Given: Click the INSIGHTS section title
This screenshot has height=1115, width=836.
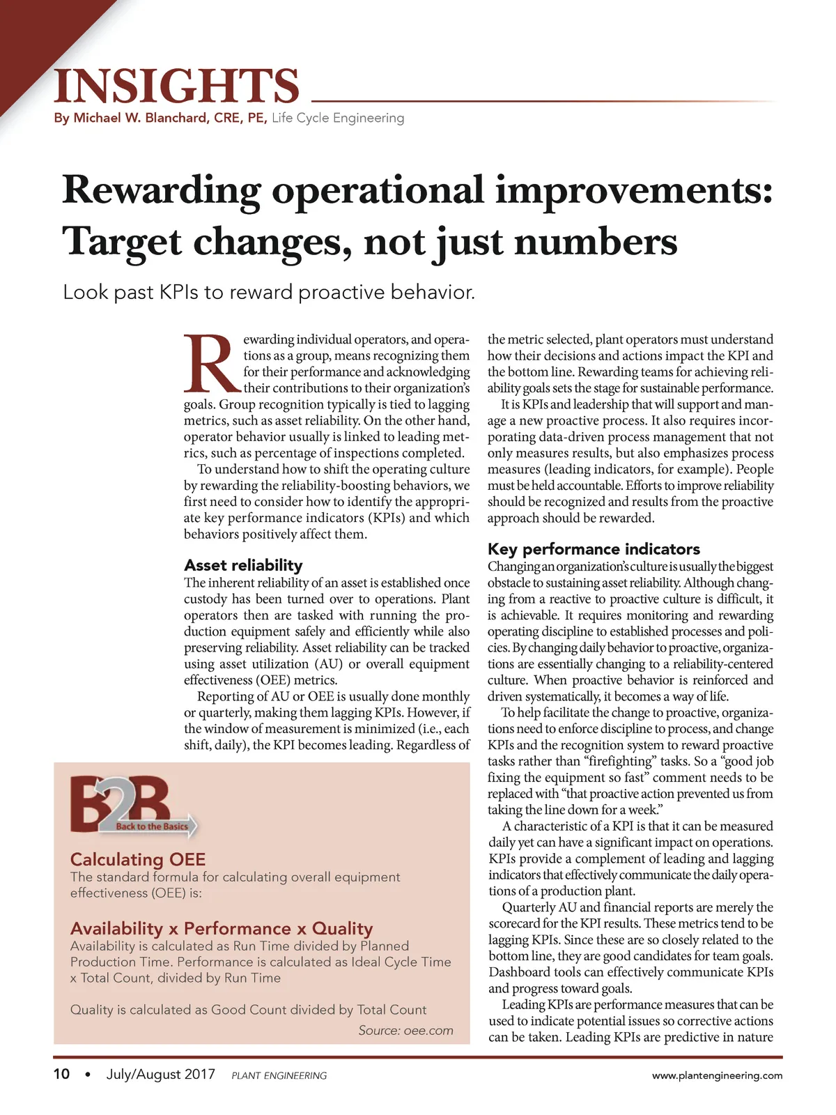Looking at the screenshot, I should coord(177,86).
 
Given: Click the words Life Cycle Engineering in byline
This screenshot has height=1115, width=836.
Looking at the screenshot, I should coord(338,118).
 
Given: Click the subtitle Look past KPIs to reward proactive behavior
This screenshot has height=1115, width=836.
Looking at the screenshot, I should coord(269,292).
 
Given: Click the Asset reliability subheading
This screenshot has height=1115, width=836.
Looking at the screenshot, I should coord(243,565).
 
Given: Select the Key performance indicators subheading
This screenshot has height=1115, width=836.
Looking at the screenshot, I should coord(594,548).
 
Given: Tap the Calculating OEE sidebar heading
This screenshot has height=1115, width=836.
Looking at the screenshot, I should coord(138,859).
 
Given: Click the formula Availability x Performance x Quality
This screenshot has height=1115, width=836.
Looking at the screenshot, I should coord(222,928).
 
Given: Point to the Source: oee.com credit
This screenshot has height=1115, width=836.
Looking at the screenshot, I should coord(405,1031).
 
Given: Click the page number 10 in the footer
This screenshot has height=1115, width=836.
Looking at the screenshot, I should coord(61,1074).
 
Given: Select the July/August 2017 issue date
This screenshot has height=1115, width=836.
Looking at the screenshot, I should coord(160,1074).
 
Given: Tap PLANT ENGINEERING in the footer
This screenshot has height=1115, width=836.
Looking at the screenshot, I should coord(279,1075).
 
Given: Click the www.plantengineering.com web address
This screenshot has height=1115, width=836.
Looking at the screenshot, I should coord(717,1075).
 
